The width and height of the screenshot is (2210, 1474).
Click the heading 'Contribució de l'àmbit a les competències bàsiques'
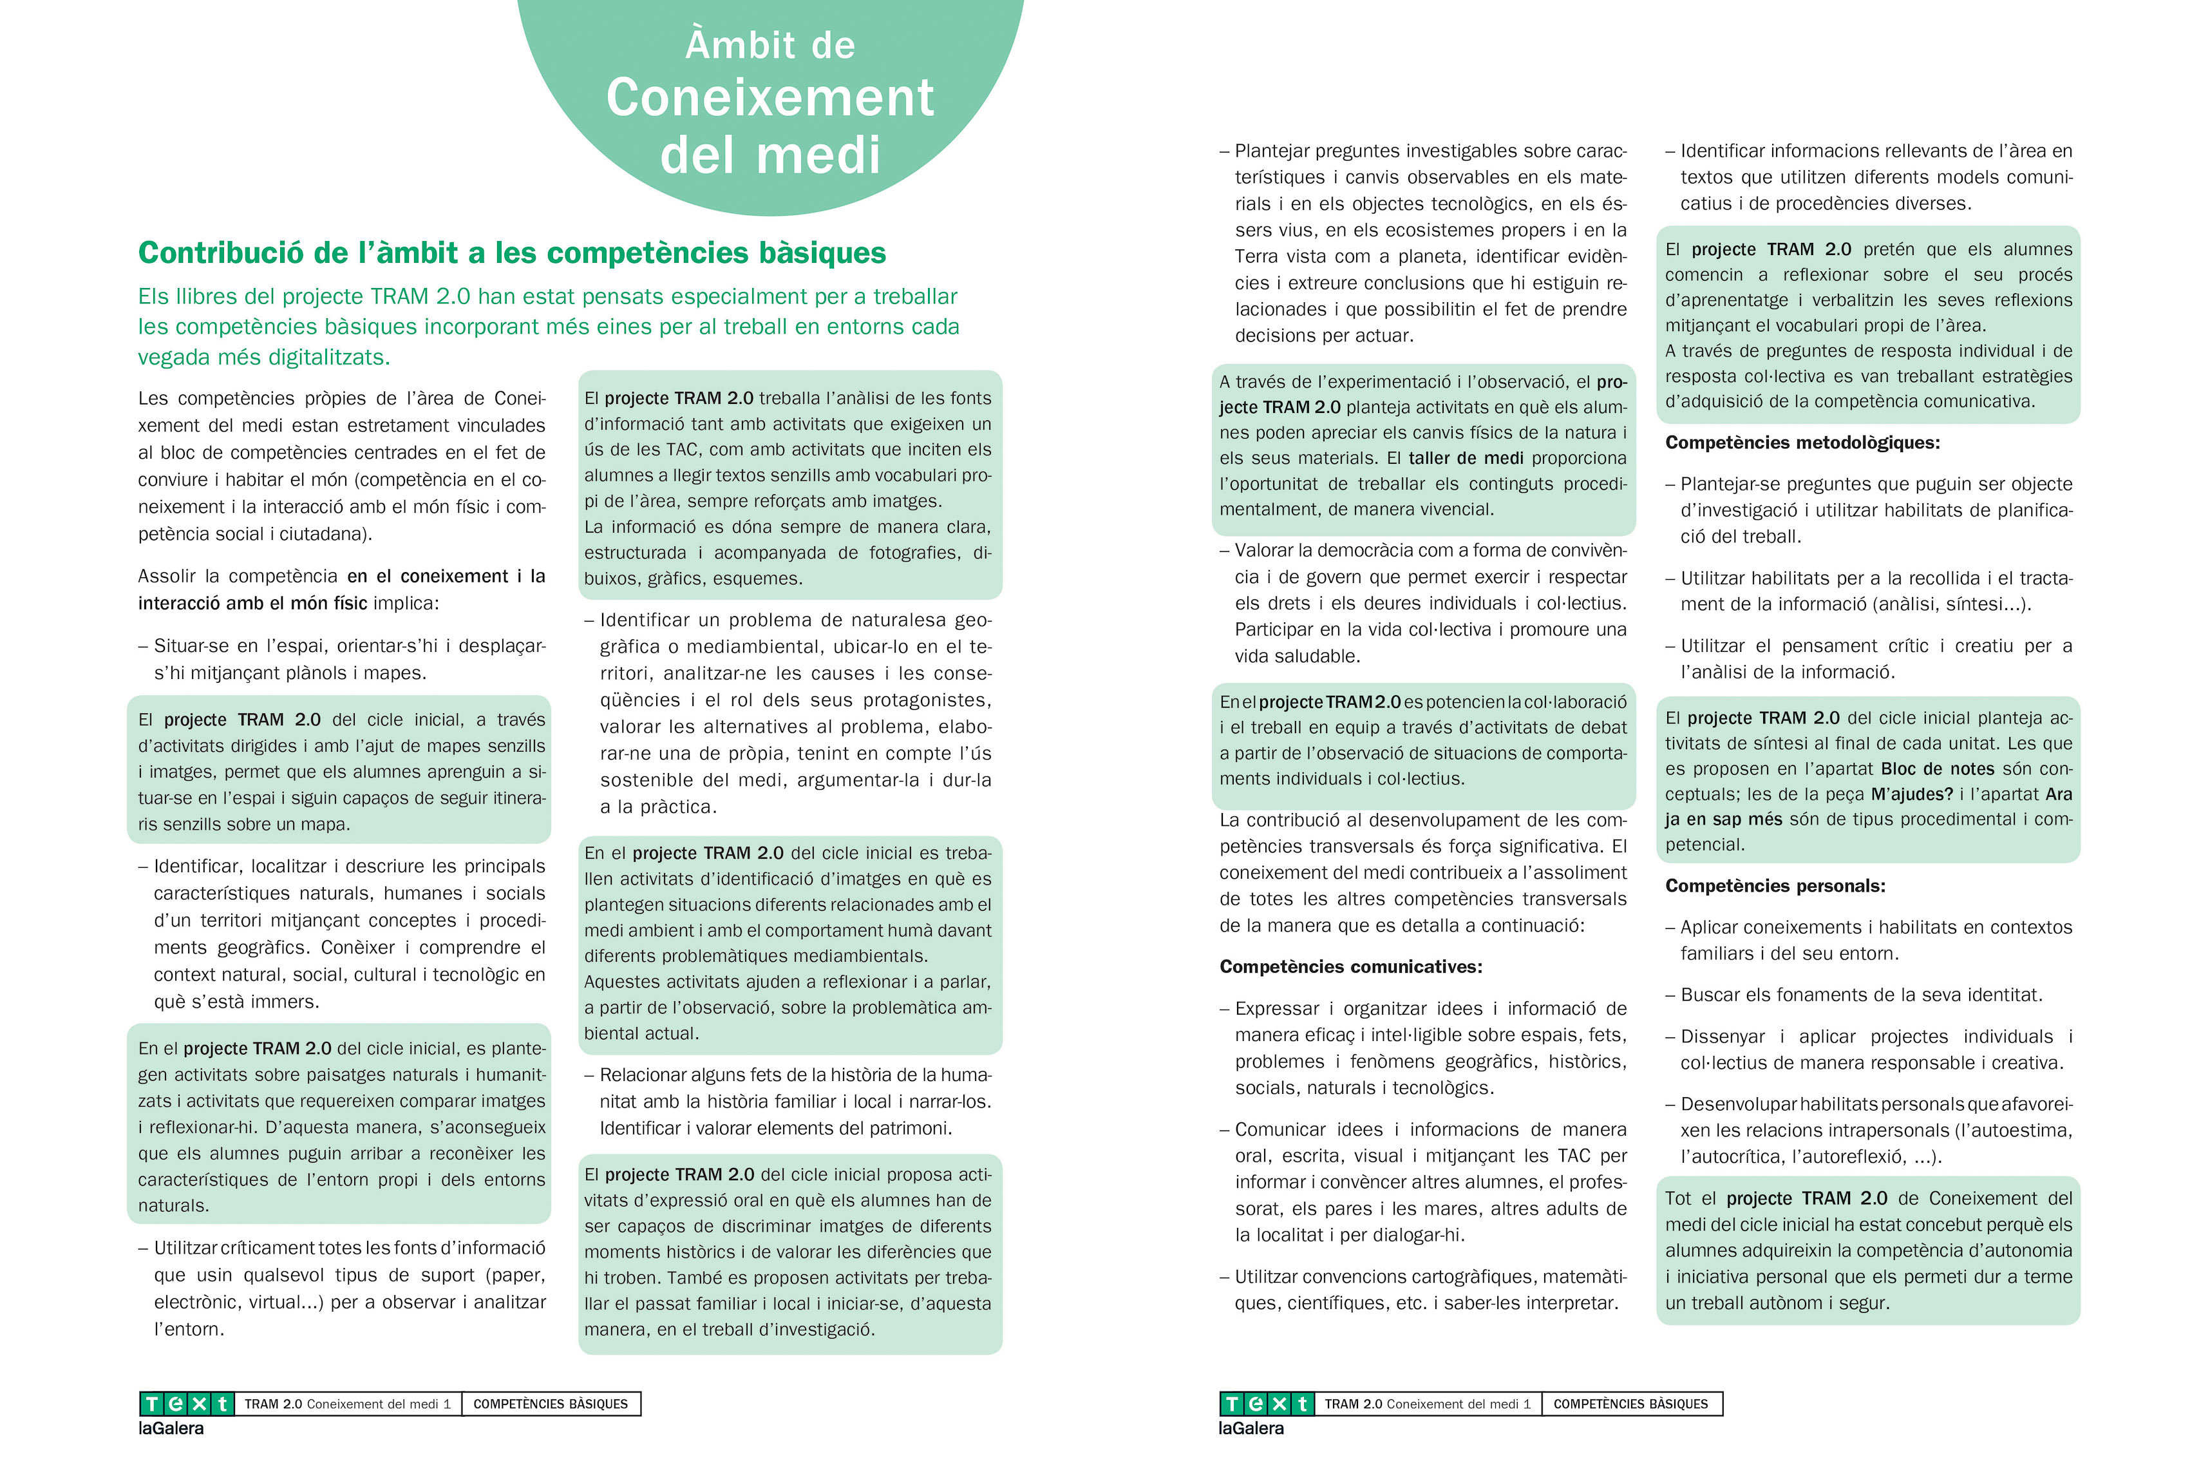tap(512, 253)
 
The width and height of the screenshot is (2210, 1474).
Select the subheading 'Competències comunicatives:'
tap(1350, 966)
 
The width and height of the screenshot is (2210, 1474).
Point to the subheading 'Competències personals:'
tap(1775, 886)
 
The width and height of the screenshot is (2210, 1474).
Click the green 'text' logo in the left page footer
tap(186, 1404)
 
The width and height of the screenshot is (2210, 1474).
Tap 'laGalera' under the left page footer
tap(171, 1428)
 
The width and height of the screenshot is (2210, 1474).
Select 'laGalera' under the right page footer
tap(1251, 1428)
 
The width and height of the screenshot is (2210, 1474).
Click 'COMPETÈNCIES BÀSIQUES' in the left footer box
tap(551, 1404)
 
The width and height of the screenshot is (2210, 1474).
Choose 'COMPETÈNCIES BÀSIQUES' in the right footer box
tap(1630, 1404)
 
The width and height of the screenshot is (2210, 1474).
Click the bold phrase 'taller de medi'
tap(1466, 458)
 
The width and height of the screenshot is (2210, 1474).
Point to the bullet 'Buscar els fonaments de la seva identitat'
tap(1860, 995)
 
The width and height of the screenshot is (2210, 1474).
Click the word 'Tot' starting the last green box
tap(1678, 1198)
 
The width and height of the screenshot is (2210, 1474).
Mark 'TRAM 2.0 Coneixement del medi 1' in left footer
tap(348, 1404)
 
